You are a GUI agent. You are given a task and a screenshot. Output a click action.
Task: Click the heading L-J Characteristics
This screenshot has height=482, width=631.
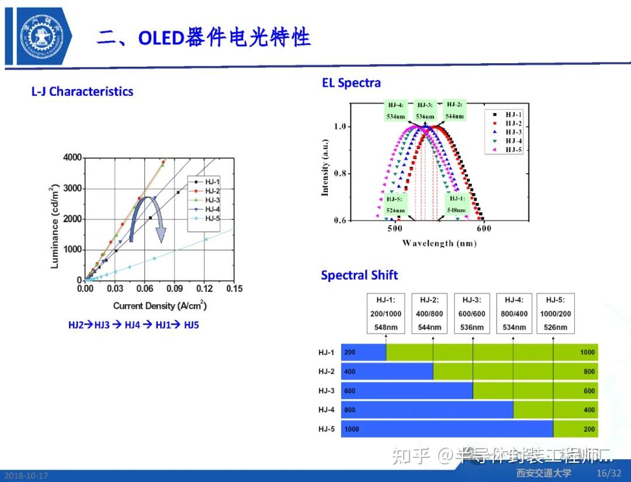[82, 92]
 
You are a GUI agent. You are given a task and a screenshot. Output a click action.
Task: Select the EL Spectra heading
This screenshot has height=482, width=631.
[351, 83]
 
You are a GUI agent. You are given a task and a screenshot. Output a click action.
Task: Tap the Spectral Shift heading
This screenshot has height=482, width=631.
[359, 276]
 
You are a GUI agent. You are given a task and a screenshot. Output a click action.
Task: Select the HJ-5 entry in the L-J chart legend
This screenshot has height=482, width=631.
[210, 218]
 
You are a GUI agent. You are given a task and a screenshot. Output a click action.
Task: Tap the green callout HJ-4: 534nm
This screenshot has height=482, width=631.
[396, 110]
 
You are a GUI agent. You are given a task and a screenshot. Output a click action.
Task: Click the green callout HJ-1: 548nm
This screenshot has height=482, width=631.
[456, 204]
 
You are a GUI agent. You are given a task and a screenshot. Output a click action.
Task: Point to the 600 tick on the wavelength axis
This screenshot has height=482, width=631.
[483, 229]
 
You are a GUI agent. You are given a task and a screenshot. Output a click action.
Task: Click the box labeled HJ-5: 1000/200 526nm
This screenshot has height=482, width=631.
[555, 313]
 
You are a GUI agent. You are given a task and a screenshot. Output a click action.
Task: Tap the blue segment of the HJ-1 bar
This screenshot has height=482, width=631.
[363, 353]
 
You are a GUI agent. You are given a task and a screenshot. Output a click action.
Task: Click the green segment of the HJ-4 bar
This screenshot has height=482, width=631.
[555, 410]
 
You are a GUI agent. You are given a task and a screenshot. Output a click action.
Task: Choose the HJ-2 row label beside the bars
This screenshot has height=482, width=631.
[327, 371]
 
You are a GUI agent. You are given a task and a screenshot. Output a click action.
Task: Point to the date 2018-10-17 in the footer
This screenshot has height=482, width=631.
[25, 476]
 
